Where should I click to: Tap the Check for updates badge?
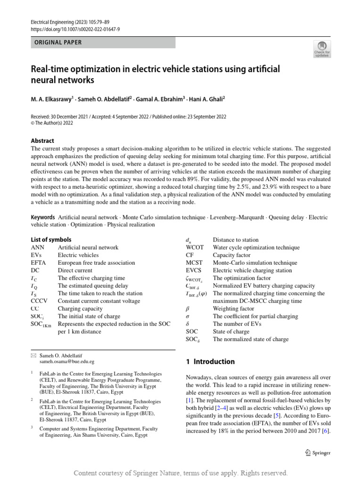click(x=322, y=49)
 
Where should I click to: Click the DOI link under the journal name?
click(x=75, y=29)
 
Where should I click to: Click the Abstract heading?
click(x=42, y=141)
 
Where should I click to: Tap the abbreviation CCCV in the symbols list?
click(x=40, y=301)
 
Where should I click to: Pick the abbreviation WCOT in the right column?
click(x=195, y=247)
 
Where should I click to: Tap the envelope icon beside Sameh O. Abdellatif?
click(x=33, y=354)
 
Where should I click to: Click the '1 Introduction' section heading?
click(x=210, y=362)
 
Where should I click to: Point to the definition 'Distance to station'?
click(x=236, y=240)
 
